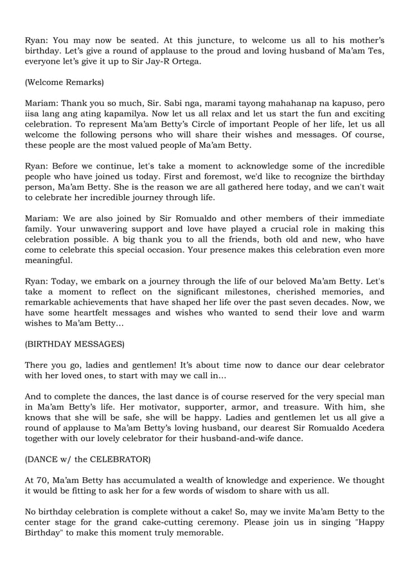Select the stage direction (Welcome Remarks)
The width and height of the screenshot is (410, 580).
point(64,82)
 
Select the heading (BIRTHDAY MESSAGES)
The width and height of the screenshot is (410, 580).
point(75,344)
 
